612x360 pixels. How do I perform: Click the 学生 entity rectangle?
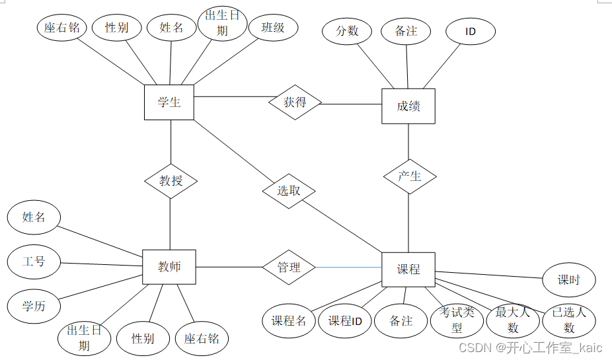[x=169, y=102]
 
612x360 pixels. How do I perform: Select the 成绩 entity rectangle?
[x=408, y=106]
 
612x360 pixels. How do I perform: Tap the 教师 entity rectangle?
[x=169, y=267]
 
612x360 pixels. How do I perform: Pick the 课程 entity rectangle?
[x=408, y=270]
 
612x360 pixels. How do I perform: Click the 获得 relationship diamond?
[x=295, y=102]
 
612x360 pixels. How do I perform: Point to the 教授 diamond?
[x=171, y=180]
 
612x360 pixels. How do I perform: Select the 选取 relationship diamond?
[x=289, y=192]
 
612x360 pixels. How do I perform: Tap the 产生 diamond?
[x=410, y=176]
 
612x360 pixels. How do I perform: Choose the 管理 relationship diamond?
[x=289, y=267]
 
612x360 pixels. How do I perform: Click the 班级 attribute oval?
[x=273, y=28]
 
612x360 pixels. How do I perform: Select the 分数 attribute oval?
[x=347, y=31]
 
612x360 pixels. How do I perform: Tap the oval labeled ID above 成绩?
[x=471, y=31]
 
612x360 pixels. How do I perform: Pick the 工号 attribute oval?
[x=34, y=262]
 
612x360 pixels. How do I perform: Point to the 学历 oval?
[x=33, y=306]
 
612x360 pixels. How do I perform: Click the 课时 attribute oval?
[x=568, y=280]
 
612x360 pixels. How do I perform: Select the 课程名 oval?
[x=289, y=321]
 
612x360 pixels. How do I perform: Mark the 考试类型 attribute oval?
[x=457, y=320]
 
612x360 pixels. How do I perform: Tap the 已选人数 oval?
[x=569, y=320]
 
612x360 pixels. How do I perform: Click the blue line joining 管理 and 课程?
[x=348, y=268]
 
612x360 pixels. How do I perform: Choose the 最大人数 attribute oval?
[x=513, y=320]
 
